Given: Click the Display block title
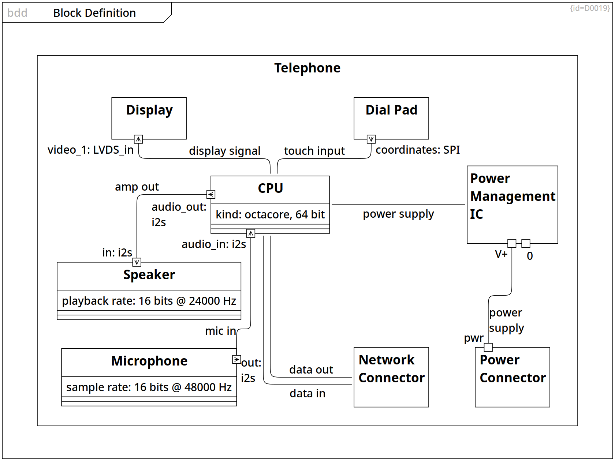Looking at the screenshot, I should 149,110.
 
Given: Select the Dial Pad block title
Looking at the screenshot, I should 391,110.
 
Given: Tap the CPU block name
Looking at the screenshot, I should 270,188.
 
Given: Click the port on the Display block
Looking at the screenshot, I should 138,139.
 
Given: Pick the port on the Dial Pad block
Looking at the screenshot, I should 371,139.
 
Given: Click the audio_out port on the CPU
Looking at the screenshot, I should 211,194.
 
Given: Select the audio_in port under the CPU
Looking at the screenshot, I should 251,233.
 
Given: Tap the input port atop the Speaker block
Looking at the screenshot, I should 137,262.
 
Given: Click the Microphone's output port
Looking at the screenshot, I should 236,360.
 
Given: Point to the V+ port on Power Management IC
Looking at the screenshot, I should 512,243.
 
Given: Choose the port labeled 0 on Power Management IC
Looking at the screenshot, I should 526,243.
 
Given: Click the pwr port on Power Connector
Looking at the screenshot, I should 488,347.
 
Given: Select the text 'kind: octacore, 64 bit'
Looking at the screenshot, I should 270,214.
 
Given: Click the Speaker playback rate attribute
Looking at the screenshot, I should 149,301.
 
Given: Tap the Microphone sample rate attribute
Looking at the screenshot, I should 149,387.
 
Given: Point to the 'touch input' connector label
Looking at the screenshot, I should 314,151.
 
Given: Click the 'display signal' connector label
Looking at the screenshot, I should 225,151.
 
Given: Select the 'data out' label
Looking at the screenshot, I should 311,370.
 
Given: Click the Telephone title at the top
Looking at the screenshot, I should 307,68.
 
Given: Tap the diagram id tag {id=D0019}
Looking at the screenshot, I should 590,8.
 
